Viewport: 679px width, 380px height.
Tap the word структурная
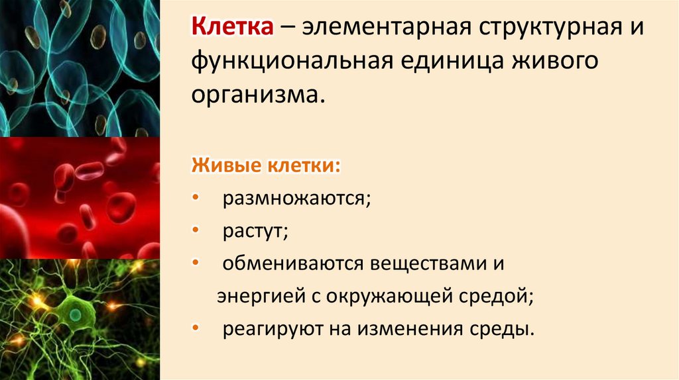529,29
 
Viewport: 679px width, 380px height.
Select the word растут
255,231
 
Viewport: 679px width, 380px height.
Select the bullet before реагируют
196,328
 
